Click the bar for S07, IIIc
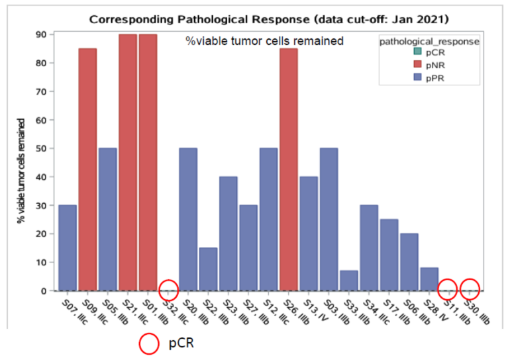[68, 247]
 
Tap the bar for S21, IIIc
[128, 162]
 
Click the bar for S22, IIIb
[208, 269]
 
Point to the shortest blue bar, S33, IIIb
[348, 281]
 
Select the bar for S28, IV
[429, 279]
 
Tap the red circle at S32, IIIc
[168, 289]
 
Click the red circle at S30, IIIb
[470, 289]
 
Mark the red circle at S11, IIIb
[449, 289]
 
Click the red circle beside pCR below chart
[149, 344]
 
